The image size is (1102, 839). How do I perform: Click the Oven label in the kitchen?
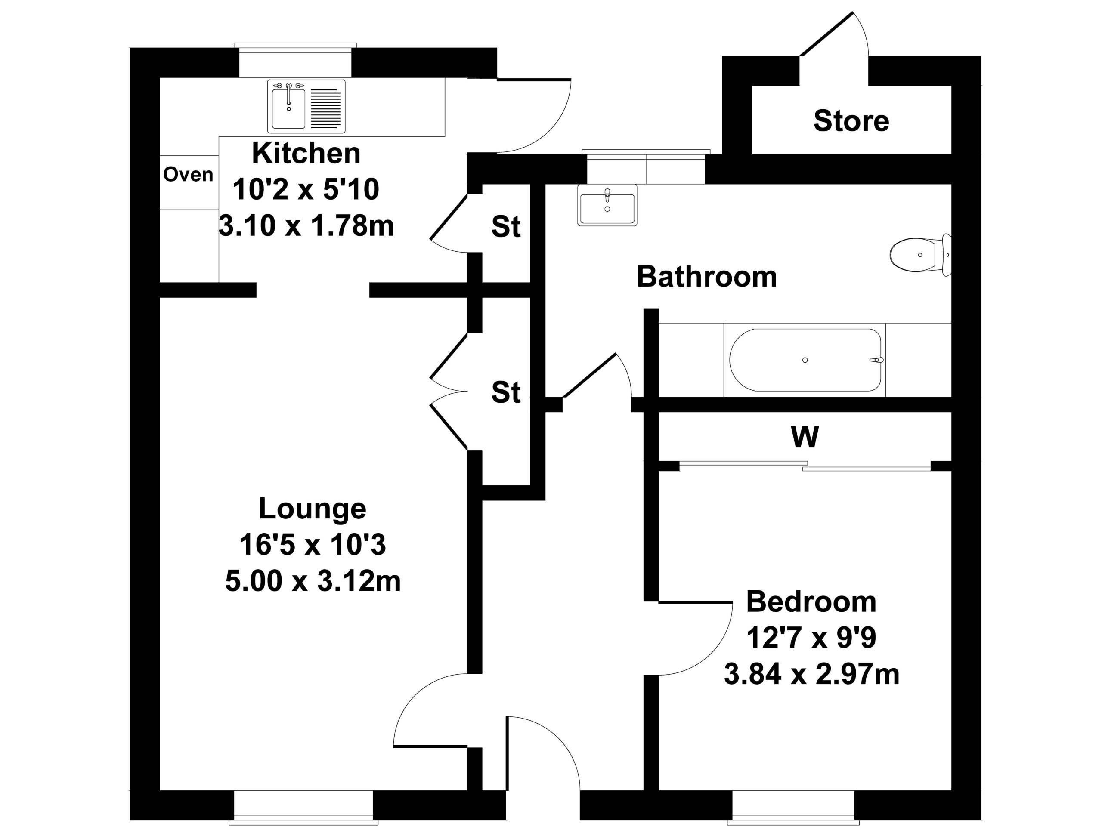[188, 174]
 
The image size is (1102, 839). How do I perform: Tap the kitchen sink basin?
[288, 106]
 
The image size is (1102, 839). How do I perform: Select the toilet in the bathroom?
[920, 255]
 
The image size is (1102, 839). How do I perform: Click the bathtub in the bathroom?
[805, 360]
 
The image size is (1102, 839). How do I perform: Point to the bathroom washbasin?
[607, 205]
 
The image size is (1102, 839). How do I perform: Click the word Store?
[851, 121]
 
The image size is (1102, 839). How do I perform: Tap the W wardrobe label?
[805, 437]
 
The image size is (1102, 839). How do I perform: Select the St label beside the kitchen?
[505, 227]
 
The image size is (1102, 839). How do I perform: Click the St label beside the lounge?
[505, 392]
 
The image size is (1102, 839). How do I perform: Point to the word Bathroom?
[707, 277]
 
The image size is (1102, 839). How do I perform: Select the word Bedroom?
[811, 602]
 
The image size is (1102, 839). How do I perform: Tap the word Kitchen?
[306, 153]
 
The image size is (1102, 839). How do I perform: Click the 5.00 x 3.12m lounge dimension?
[313, 581]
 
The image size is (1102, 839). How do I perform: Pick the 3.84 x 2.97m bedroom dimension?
[812, 674]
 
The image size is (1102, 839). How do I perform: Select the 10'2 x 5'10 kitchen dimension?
[306, 190]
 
